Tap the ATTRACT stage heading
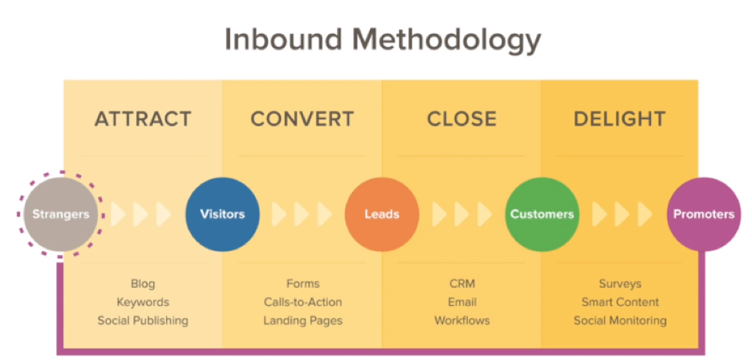(143, 118)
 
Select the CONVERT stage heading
(302, 118)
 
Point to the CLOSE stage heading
(462, 118)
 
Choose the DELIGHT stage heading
(620, 118)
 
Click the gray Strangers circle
(60, 214)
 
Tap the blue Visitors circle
(222, 214)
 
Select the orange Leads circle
(381, 214)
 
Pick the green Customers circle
(542, 214)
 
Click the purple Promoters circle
(703, 214)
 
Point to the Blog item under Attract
(143, 284)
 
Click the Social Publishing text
(143, 320)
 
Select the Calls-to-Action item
(303, 302)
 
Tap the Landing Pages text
(303, 320)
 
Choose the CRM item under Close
(462, 284)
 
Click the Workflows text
(462, 320)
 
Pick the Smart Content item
(620, 302)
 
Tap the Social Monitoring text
(620, 320)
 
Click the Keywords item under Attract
(143, 302)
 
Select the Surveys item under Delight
(620, 284)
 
